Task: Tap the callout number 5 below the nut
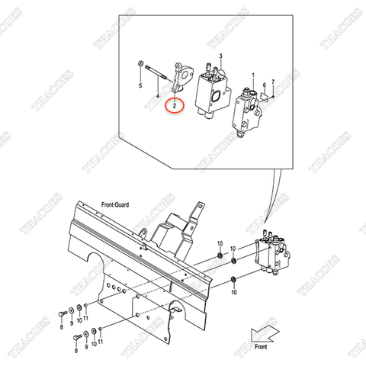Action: tap(140, 87)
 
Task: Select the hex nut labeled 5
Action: tap(140, 65)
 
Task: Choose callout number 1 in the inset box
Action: tap(252, 76)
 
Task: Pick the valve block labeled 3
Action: tap(214, 91)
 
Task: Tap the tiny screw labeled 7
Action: tap(272, 97)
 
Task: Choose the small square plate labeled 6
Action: tap(264, 98)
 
